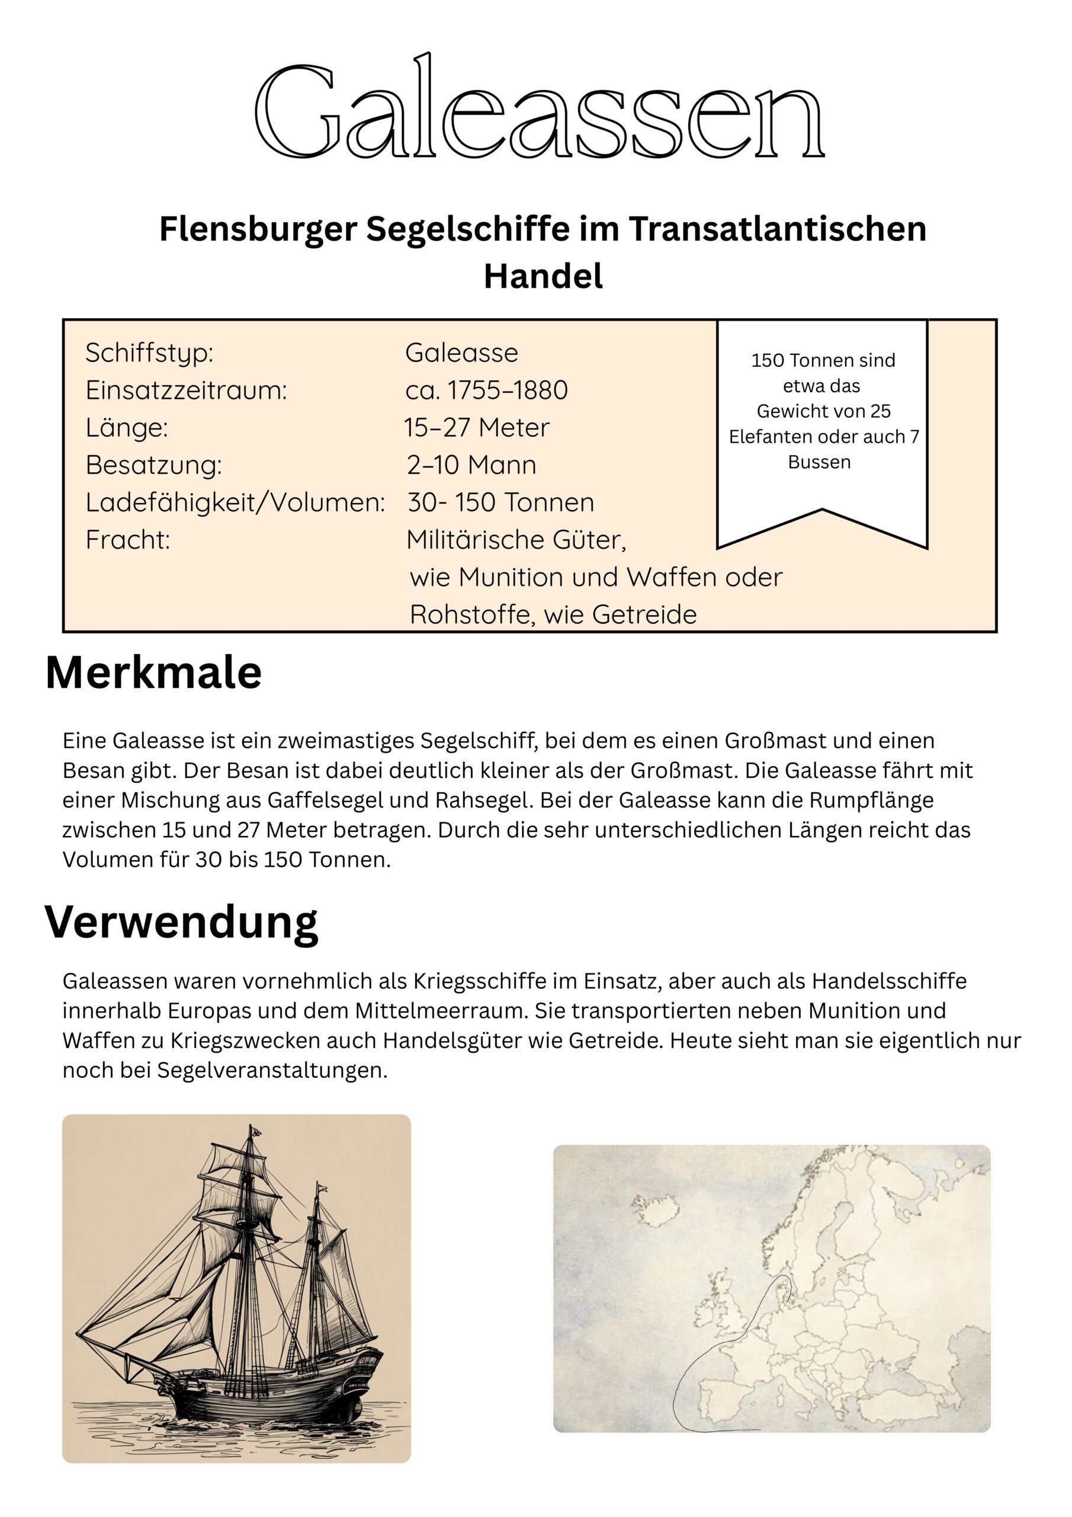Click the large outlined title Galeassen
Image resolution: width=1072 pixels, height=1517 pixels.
pyautogui.click(x=538, y=109)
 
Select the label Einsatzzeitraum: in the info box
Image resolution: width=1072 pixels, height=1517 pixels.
pyautogui.click(x=186, y=391)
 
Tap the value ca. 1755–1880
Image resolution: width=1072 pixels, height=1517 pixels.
pyautogui.click(x=486, y=391)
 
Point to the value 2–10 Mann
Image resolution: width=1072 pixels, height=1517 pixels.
pyautogui.click(x=471, y=465)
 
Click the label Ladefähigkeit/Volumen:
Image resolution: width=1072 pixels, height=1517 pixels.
pyautogui.click(x=235, y=503)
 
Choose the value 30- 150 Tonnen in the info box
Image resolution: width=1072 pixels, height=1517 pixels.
pyautogui.click(x=500, y=503)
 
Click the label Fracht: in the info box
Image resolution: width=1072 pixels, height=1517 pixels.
pyautogui.click(x=127, y=540)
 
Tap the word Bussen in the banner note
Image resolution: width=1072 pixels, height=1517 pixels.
pyautogui.click(x=819, y=462)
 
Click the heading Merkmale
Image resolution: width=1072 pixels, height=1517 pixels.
pyautogui.click(x=153, y=673)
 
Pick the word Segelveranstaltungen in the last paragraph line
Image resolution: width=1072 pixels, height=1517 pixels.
pyautogui.click(x=271, y=1070)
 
